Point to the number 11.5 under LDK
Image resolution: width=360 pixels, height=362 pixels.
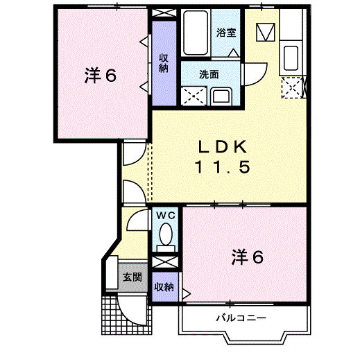[x=221, y=168]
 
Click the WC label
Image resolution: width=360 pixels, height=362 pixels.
[x=166, y=216]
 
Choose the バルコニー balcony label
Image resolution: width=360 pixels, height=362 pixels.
[x=240, y=318]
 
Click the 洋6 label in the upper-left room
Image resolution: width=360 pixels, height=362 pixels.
[x=100, y=75]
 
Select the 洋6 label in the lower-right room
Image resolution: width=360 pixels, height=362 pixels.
[x=247, y=257]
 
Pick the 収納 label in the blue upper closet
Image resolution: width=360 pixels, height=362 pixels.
[x=164, y=63]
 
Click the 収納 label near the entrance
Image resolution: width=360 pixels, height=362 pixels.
[x=164, y=286]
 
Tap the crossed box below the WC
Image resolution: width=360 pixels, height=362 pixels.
[x=165, y=263]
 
